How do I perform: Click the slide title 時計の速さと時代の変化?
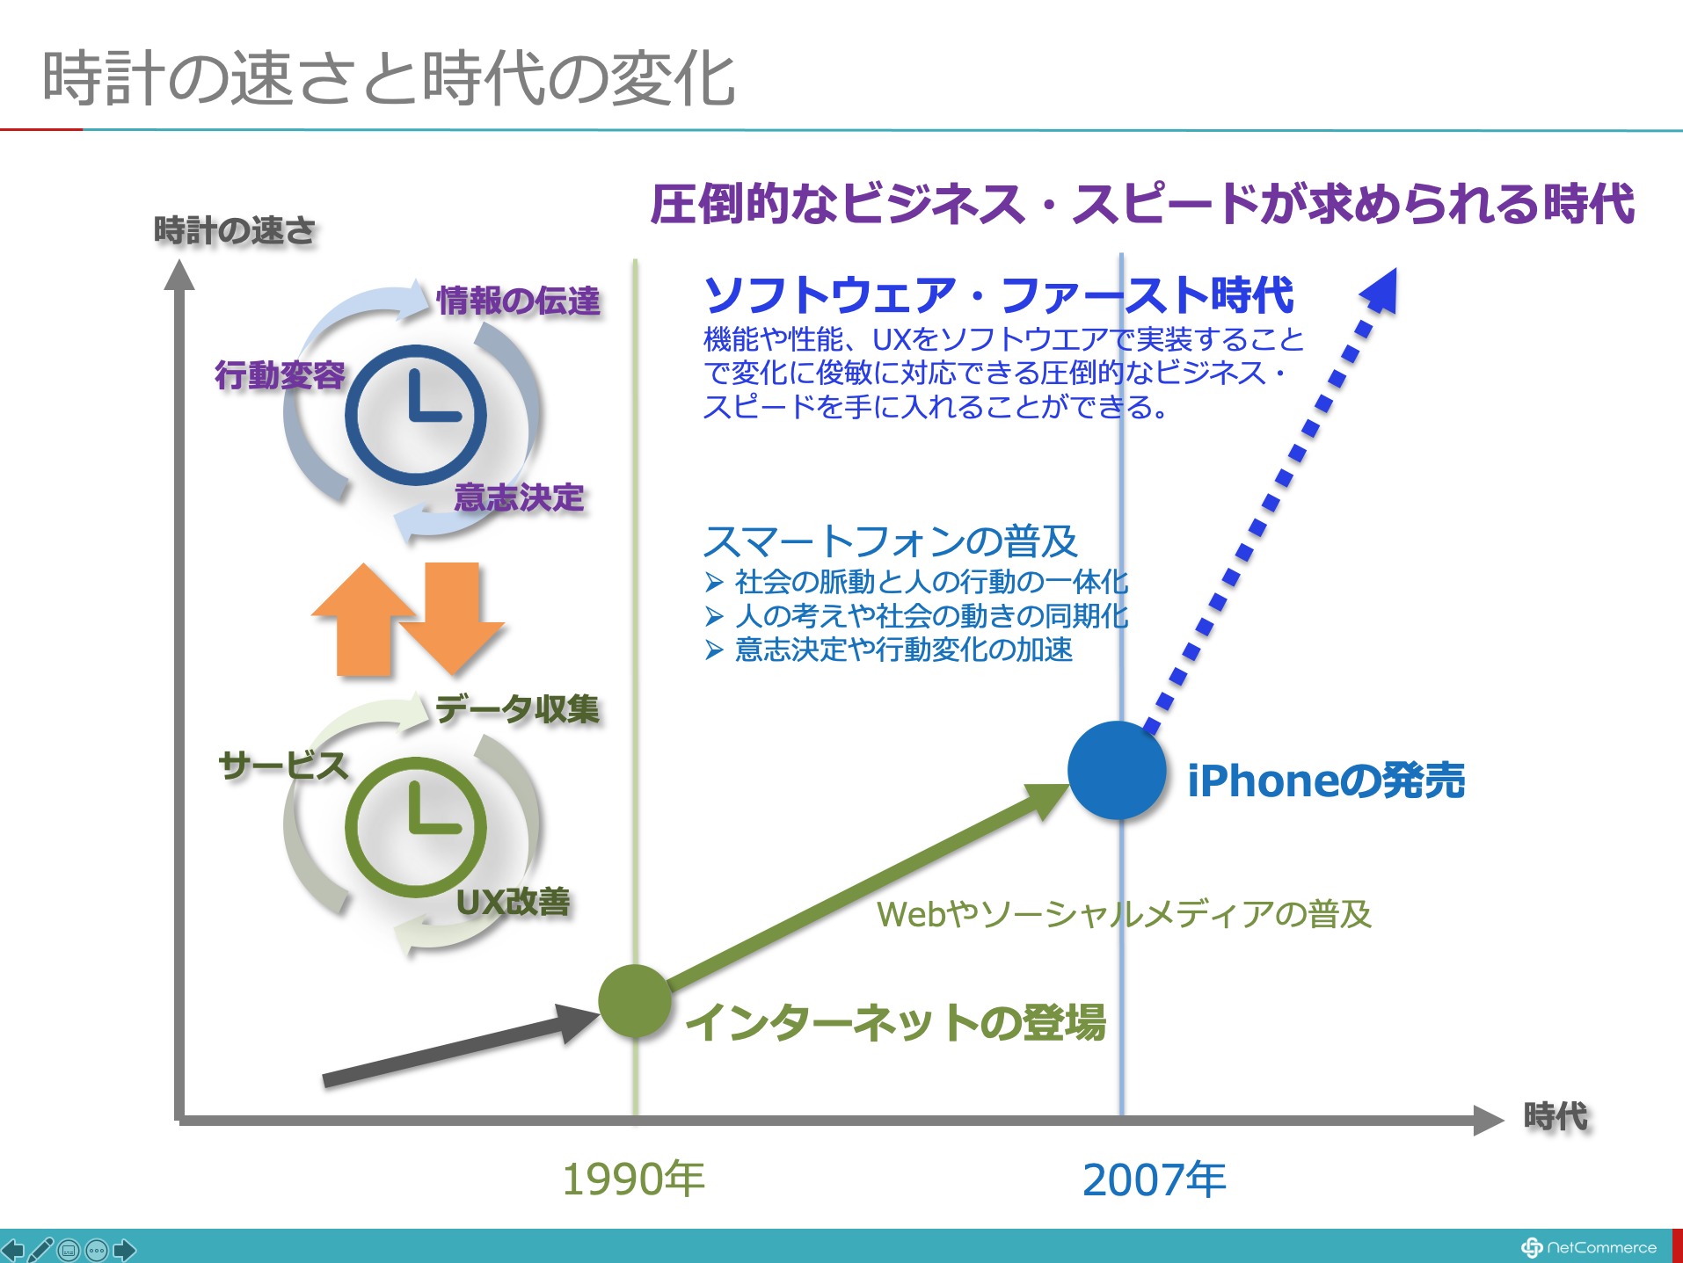[x=389, y=79]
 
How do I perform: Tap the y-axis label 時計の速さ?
[x=235, y=230]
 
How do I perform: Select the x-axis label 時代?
[x=1555, y=1116]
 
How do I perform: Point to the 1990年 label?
[x=633, y=1179]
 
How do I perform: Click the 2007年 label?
[x=1154, y=1180]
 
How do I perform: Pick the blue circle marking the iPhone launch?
[x=1117, y=770]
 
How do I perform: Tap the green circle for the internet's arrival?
[x=635, y=1001]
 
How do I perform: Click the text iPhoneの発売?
[x=1326, y=780]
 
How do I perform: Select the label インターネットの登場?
[x=895, y=1022]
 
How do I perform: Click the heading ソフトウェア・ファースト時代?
[x=999, y=294]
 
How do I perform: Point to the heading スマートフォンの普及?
[x=891, y=541]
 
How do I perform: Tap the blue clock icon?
[x=415, y=415]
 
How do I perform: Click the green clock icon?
[x=415, y=827]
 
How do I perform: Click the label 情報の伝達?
[x=519, y=301]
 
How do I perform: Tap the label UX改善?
[x=514, y=902]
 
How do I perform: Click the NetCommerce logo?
[x=1589, y=1247]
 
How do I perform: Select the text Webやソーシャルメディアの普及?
[x=1124, y=914]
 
